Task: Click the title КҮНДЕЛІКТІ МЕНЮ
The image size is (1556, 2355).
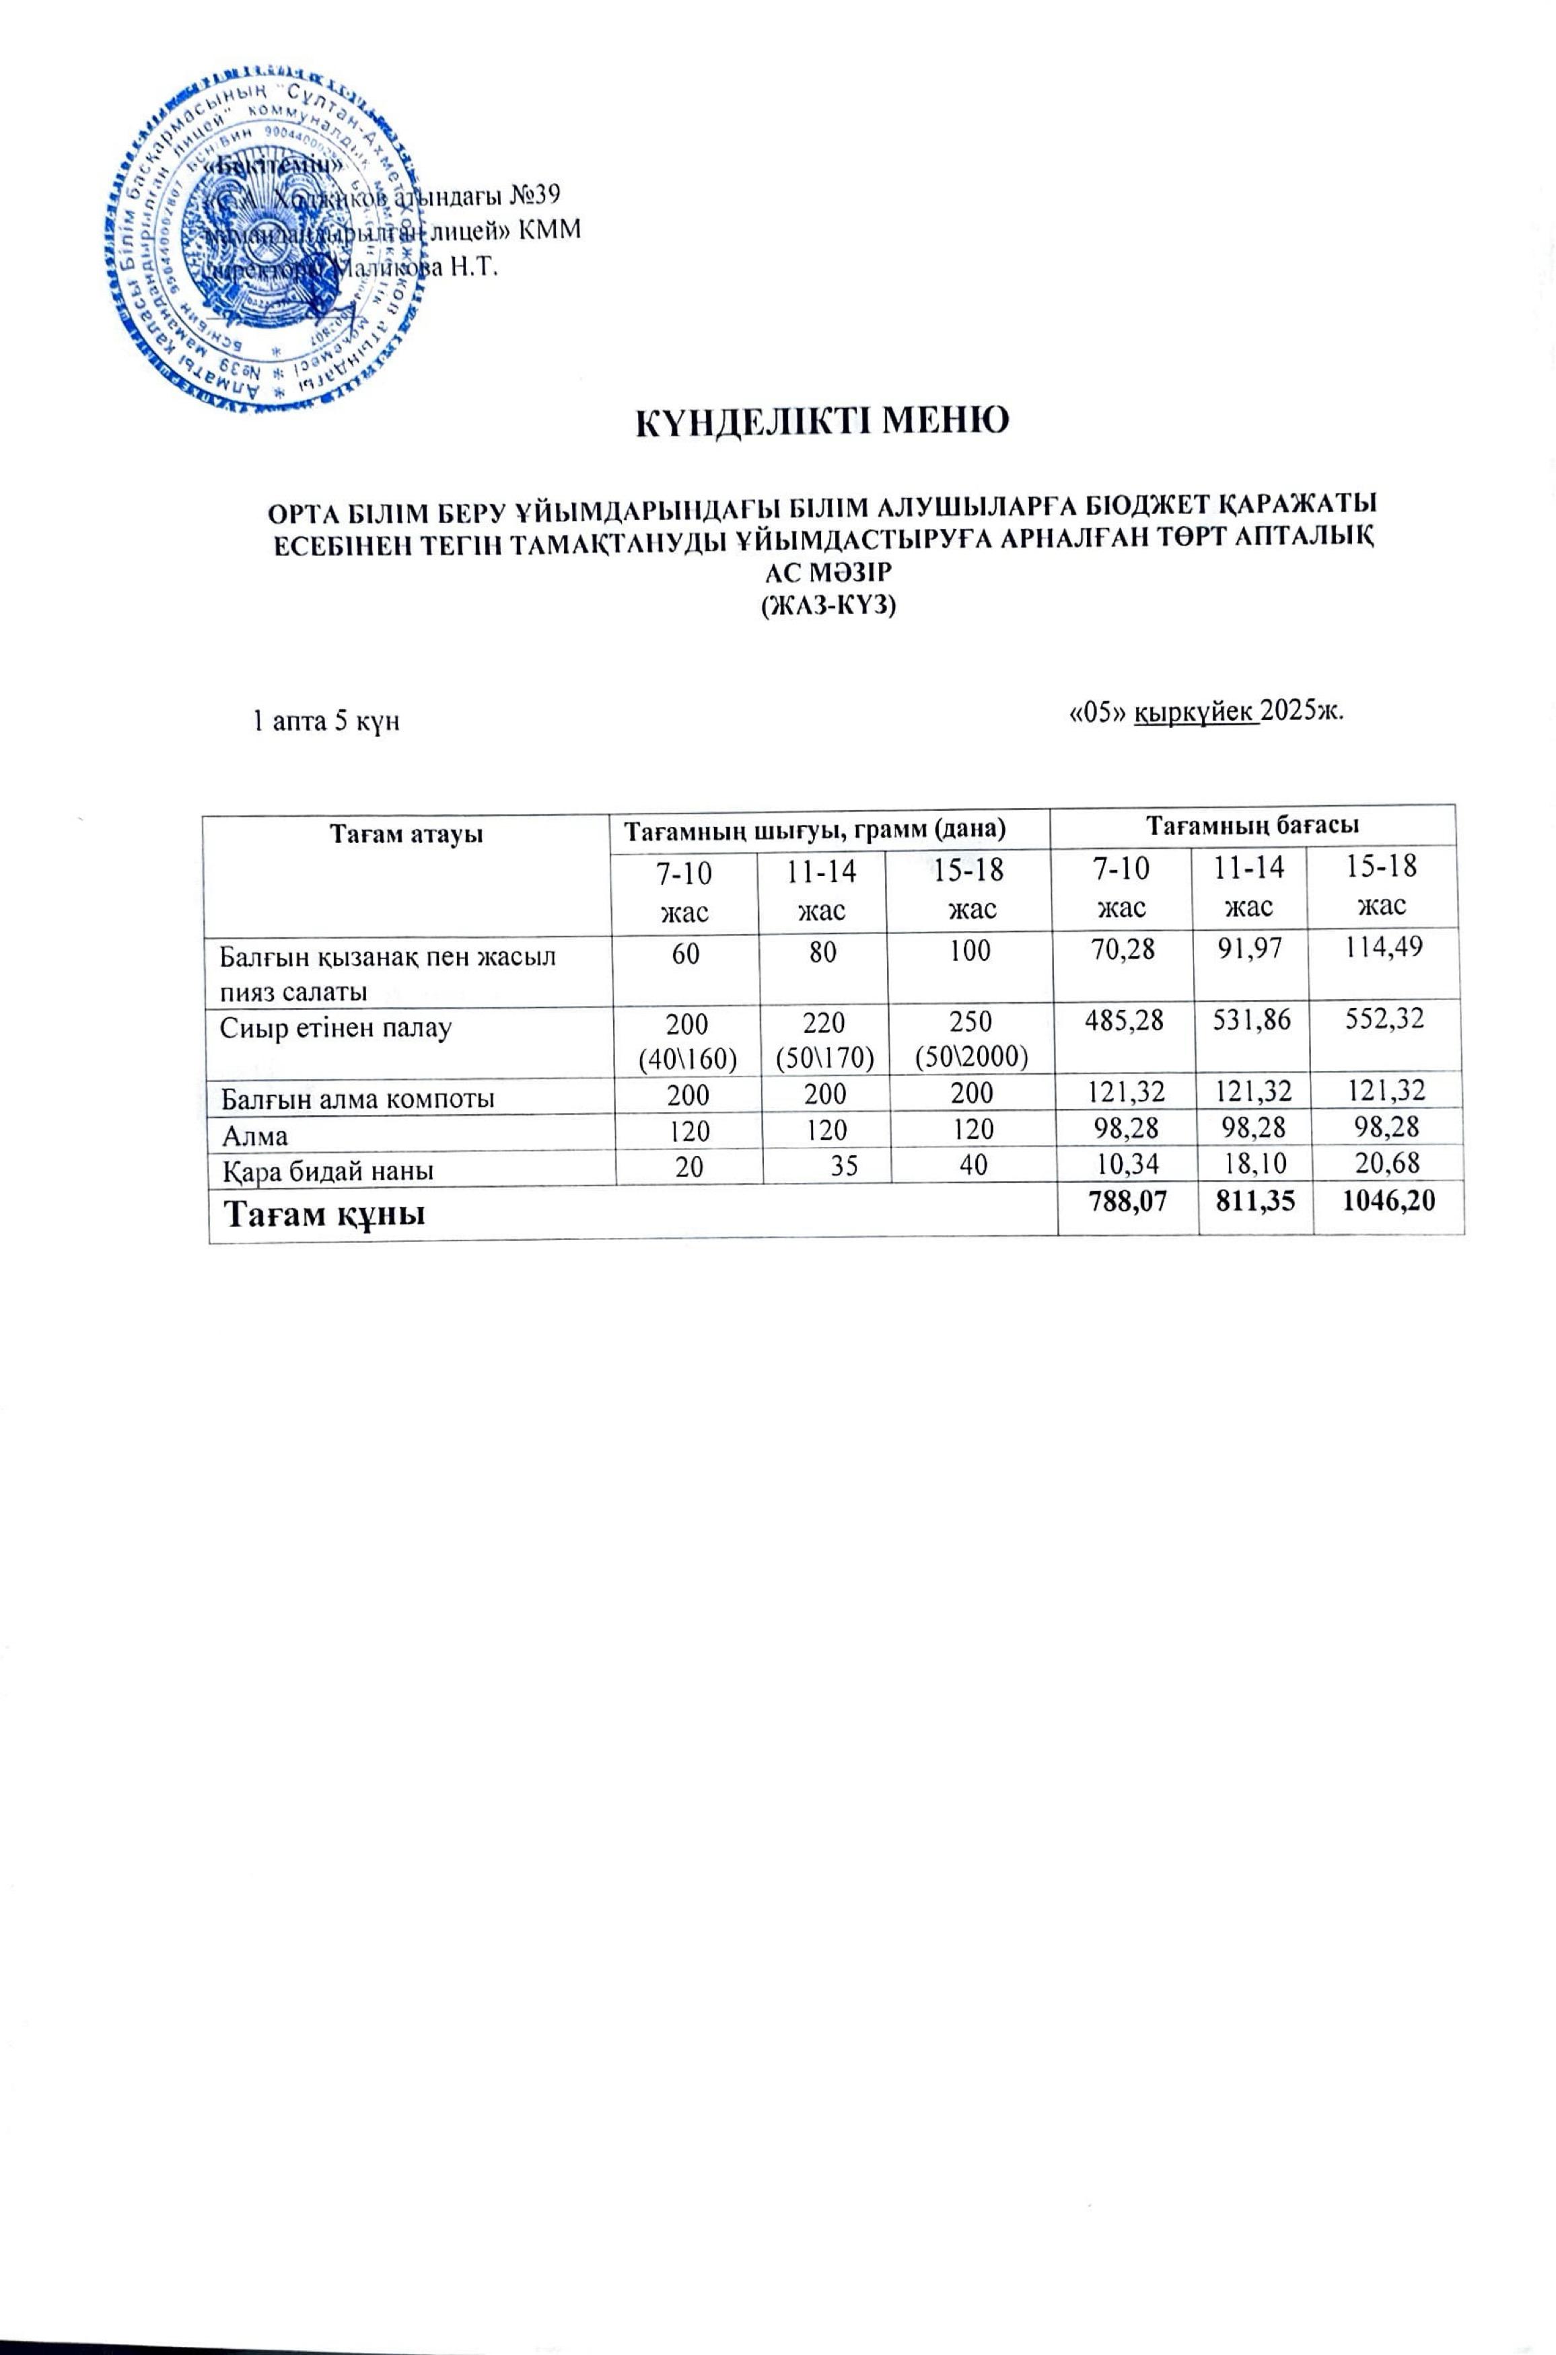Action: pyautogui.click(x=822, y=421)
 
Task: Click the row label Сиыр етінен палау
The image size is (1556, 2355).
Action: pyautogui.click(x=335, y=1027)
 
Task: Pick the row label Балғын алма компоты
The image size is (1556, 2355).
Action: pyautogui.click(x=357, y=1098)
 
